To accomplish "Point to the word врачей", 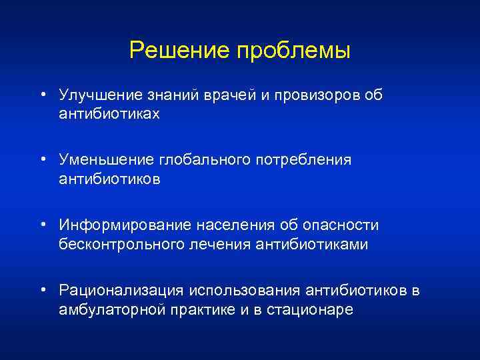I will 230,96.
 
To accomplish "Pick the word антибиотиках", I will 109,114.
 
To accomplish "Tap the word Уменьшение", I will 106,161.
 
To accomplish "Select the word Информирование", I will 119,226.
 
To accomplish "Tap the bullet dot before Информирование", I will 42,225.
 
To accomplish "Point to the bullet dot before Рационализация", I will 42,290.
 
